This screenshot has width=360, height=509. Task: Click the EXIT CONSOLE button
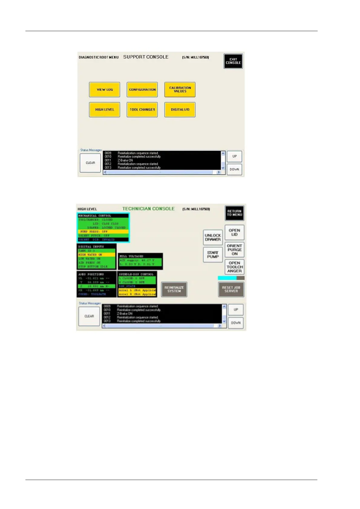(233, 61)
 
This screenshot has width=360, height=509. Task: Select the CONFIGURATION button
(142, 89)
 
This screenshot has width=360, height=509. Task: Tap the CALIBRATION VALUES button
(180, 89)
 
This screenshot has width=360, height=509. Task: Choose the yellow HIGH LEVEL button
(104, 109)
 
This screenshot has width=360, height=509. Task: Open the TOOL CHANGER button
(142, 109)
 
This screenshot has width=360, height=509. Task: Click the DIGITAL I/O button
(180, 109)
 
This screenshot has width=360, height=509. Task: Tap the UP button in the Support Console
(234, 156)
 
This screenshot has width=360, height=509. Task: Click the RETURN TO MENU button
(234, 213)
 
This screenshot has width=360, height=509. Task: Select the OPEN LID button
(234, 232)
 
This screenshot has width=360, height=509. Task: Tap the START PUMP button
(213, 254)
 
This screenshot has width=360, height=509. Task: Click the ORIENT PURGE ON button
(234, 250)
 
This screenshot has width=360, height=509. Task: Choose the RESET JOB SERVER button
(231, 289)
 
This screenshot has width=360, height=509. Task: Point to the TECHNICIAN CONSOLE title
(148, 209)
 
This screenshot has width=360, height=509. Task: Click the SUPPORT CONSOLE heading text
(146, 57)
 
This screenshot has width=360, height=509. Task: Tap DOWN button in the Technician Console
(236, 323)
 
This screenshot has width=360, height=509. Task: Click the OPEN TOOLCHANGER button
(234, 267)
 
